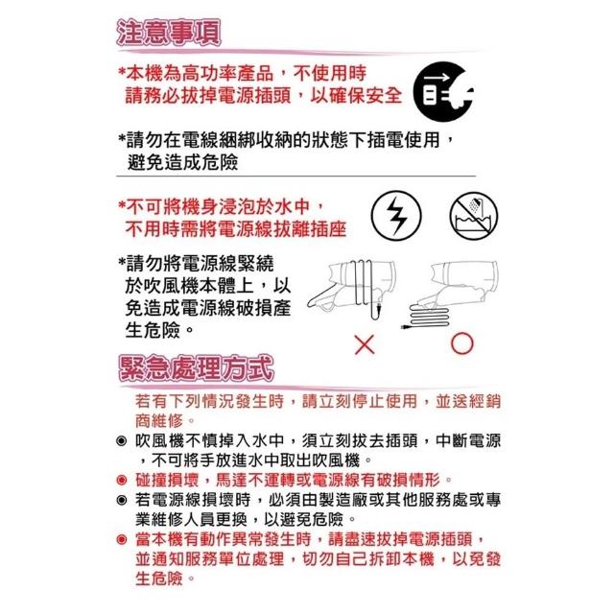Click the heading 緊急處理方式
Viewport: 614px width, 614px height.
tap(196, 368)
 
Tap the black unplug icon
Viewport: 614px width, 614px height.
tap(444, 92)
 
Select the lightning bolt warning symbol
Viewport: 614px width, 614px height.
tap(396, 216)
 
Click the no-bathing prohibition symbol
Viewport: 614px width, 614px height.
tap(474, 216)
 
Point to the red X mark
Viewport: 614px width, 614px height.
tap(365, 344)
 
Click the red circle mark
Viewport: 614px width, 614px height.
tap(462, 343)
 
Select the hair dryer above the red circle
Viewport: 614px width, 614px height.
tap(459, 283)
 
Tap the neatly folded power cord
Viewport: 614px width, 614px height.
tap(426, 318)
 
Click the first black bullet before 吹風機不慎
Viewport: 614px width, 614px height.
tap(122, 441)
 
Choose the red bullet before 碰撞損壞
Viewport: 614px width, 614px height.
tap(122, 480)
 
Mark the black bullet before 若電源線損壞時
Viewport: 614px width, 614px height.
tap(122, 500)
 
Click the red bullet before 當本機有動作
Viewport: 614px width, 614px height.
tap(122, 539)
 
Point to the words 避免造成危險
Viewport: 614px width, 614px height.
tap(182, 162)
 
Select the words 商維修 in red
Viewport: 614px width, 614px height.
tap(159, 421)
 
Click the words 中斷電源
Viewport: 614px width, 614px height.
tap(468, 441)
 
